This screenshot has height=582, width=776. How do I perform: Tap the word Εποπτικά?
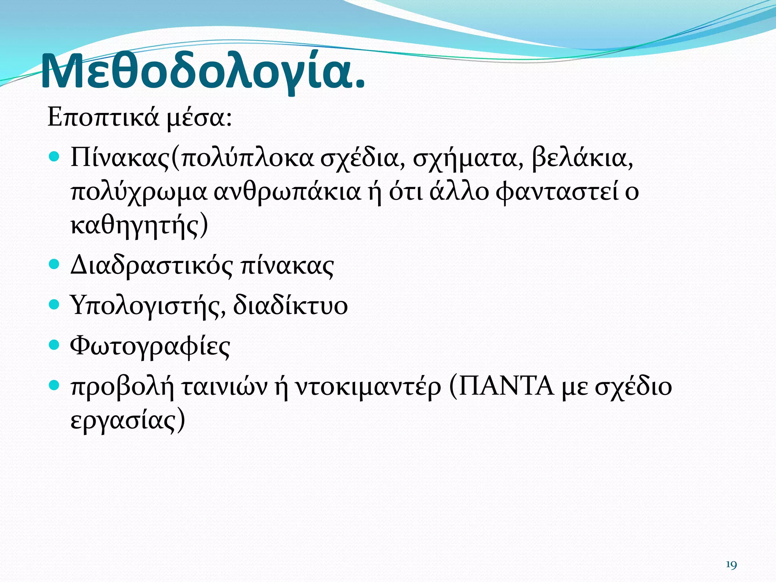coord(103,117)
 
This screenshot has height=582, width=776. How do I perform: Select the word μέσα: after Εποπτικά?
coord(199,118)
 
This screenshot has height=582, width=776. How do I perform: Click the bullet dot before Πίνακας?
coord(55,156)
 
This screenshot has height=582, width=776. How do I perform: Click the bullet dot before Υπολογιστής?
coord(55,304)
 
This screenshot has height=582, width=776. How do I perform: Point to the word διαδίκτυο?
coord(290,305)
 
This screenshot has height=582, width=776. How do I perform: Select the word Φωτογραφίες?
coord(150,347)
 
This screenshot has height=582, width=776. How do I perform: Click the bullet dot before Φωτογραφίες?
coord(55,344)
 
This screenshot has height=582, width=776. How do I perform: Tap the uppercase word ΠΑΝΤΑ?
coord(506,386)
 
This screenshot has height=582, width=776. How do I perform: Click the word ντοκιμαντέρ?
coord(368,387)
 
